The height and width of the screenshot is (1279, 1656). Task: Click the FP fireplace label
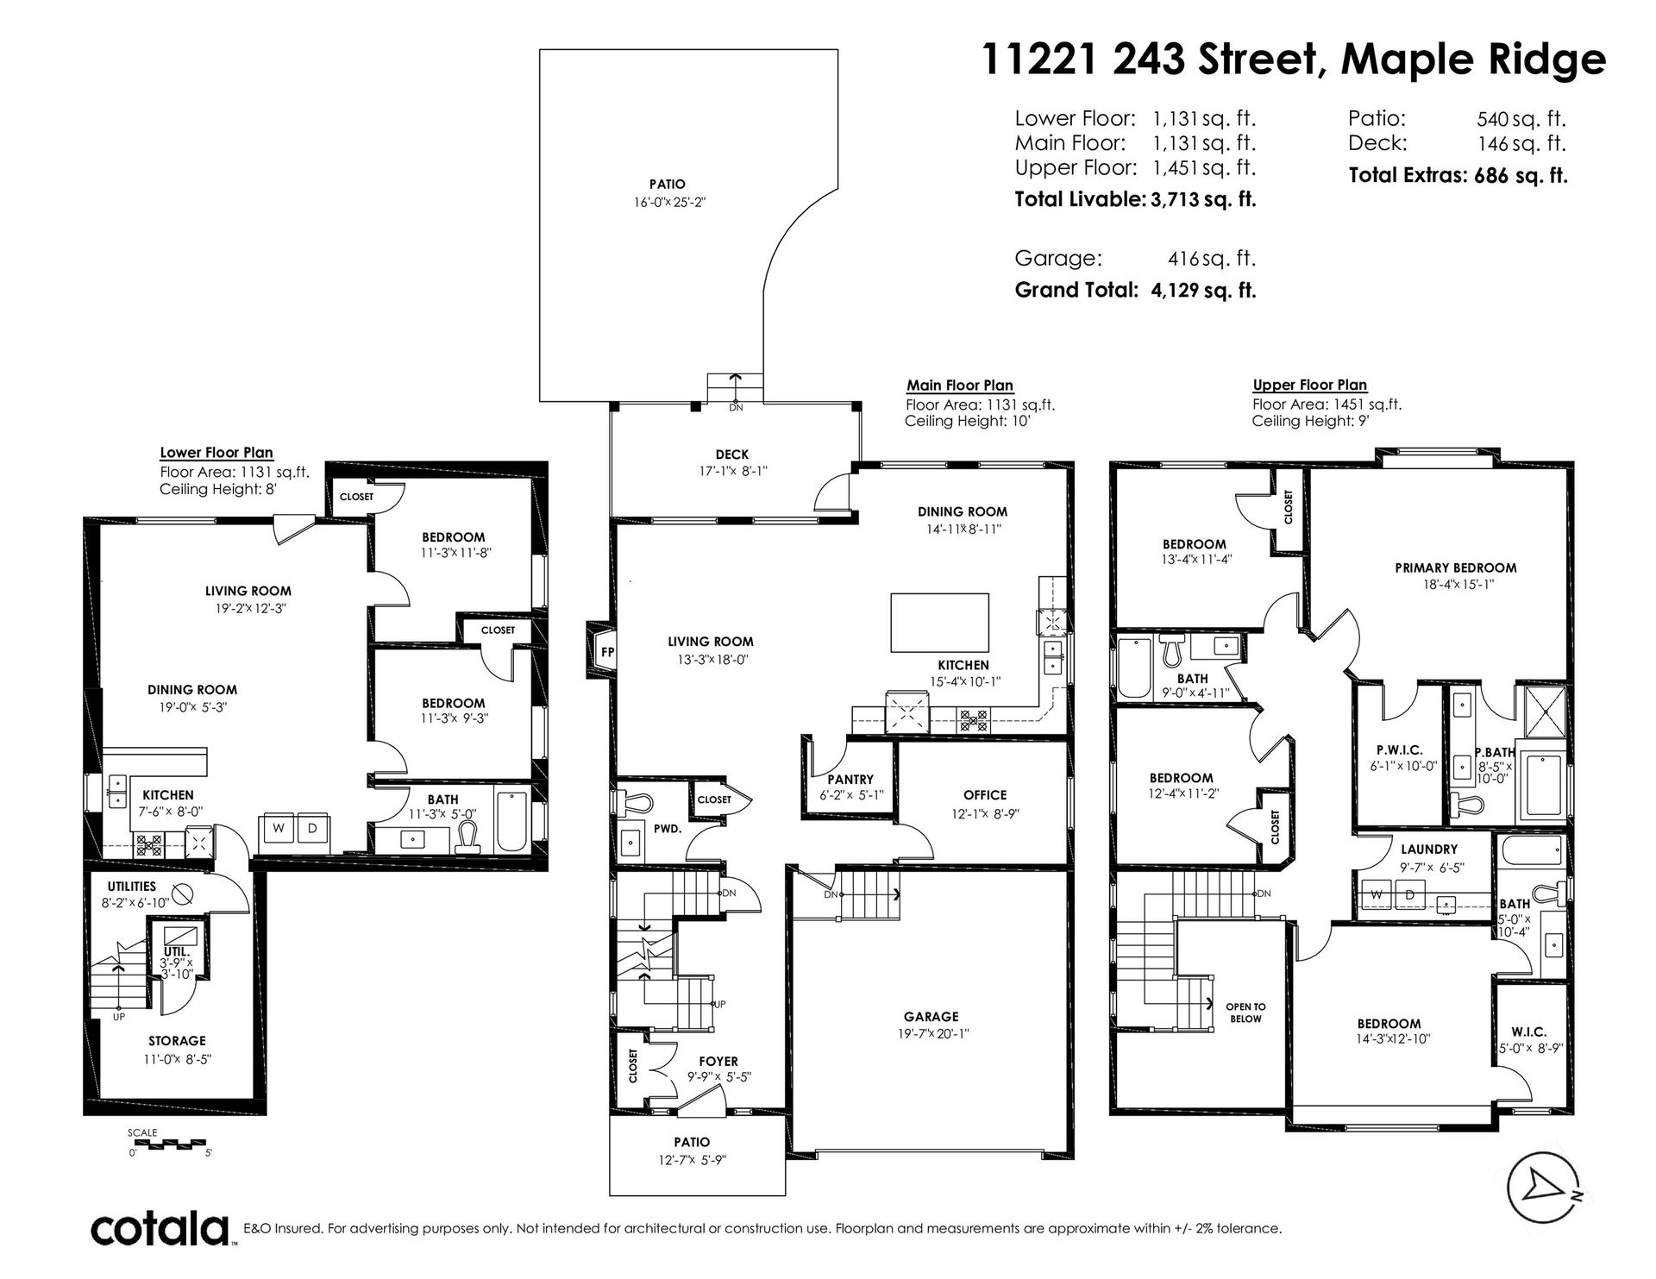(x=607, y=652)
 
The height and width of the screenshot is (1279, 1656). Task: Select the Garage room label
(x=931, y=1017)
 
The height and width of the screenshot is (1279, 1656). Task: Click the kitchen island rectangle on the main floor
(x=939, y=622)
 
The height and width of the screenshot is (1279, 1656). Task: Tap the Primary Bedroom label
(x=1455, y=567)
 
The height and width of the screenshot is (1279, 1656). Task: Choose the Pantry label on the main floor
(x=850, y=780)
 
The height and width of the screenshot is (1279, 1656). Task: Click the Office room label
(x=985, y=795)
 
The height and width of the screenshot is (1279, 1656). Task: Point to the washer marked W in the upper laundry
(x=1377, y=895)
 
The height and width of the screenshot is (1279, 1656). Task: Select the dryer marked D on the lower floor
(x=313, y=827)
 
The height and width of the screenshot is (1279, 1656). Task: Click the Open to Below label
(x=1246, y=1013)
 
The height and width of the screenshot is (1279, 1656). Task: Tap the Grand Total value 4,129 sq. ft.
(x=1202, y=291)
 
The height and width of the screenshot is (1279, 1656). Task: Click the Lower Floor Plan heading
(x=216, y=453)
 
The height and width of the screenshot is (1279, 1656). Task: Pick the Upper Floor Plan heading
(x=1309, y=385)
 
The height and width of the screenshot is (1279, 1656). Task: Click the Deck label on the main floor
(x=731, y=455)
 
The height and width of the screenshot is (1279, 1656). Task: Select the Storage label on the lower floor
(x=177, y=1041)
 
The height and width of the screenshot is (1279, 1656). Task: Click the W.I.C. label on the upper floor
(x=1528, y=1031)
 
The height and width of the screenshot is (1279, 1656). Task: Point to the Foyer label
(x=718, y=1062)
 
